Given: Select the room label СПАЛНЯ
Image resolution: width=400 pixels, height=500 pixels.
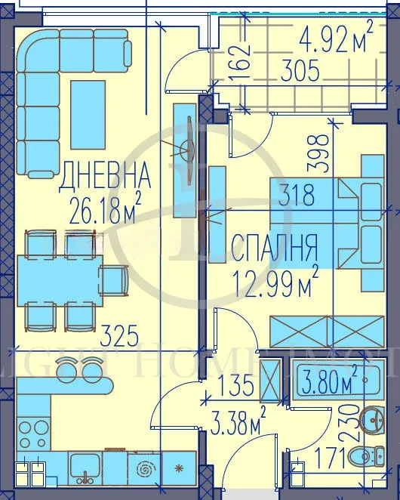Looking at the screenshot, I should [x=273, y=247].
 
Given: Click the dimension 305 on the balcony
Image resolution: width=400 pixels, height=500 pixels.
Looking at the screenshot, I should [x=300, y=72].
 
